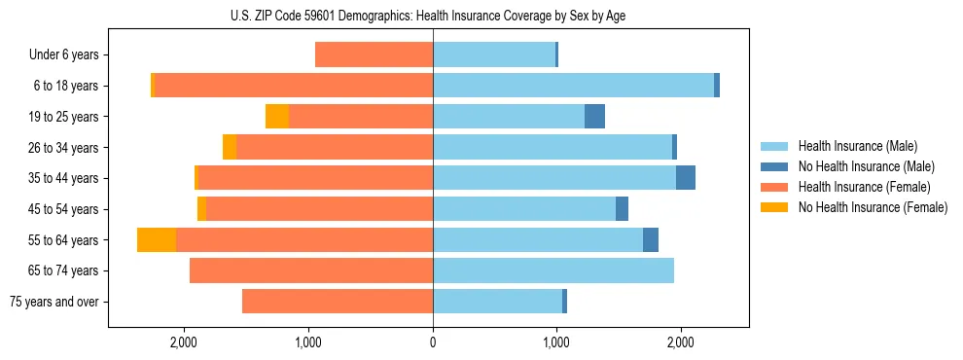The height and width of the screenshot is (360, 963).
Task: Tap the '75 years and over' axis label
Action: pos(54,302)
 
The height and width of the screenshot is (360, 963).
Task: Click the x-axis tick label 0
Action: pos(433,342)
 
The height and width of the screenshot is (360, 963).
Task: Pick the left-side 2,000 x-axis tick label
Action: pos(184,342)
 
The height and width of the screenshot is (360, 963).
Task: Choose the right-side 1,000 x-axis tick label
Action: pos(556,342)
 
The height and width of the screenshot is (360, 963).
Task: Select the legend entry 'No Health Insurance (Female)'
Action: pos(873,207)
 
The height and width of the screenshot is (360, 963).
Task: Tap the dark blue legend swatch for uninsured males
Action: pos(774,167)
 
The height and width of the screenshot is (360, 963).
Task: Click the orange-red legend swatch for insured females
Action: pos(774,187)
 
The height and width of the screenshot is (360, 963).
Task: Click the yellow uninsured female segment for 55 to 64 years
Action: pos(157,240)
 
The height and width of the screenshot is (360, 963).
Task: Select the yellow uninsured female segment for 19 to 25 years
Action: pos(277,117)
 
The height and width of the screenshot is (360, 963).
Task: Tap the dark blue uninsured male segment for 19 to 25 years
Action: pos(594,117)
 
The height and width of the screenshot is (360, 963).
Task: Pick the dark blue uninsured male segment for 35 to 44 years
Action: pos(686,178)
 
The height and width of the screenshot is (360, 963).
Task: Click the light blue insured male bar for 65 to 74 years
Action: pos(553,270)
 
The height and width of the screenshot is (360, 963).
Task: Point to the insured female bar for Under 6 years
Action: pos(374,55)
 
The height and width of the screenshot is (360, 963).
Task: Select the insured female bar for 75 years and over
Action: pos(338,302)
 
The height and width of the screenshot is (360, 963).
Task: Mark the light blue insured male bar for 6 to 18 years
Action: pos(573,86)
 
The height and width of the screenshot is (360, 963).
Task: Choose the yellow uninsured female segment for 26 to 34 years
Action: pos(230,147)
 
